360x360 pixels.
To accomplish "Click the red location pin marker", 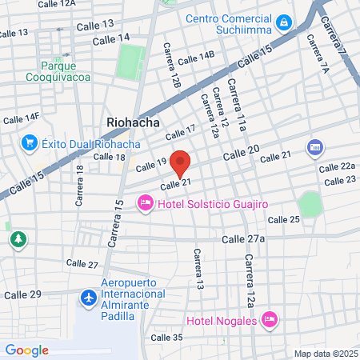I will [x=181, y=162].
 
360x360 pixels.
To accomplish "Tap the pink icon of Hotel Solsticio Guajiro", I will [x=145, y=203].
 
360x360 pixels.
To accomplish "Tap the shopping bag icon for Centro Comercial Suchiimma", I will [x=284, y=20].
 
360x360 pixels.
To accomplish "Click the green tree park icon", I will [x=17, y=238].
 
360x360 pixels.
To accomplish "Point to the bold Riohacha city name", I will [x=134, y=122].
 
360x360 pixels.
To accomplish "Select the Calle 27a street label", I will [x=242, y=239].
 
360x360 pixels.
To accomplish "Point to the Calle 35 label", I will [x=166, y=338].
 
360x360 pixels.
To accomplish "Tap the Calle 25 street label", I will [x=283, y=219].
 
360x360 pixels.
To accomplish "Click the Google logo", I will [x=26, y=350].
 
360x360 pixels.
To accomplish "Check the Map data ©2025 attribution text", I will [x=326, y=354].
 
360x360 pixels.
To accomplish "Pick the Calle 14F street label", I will [x=21, y=118].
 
